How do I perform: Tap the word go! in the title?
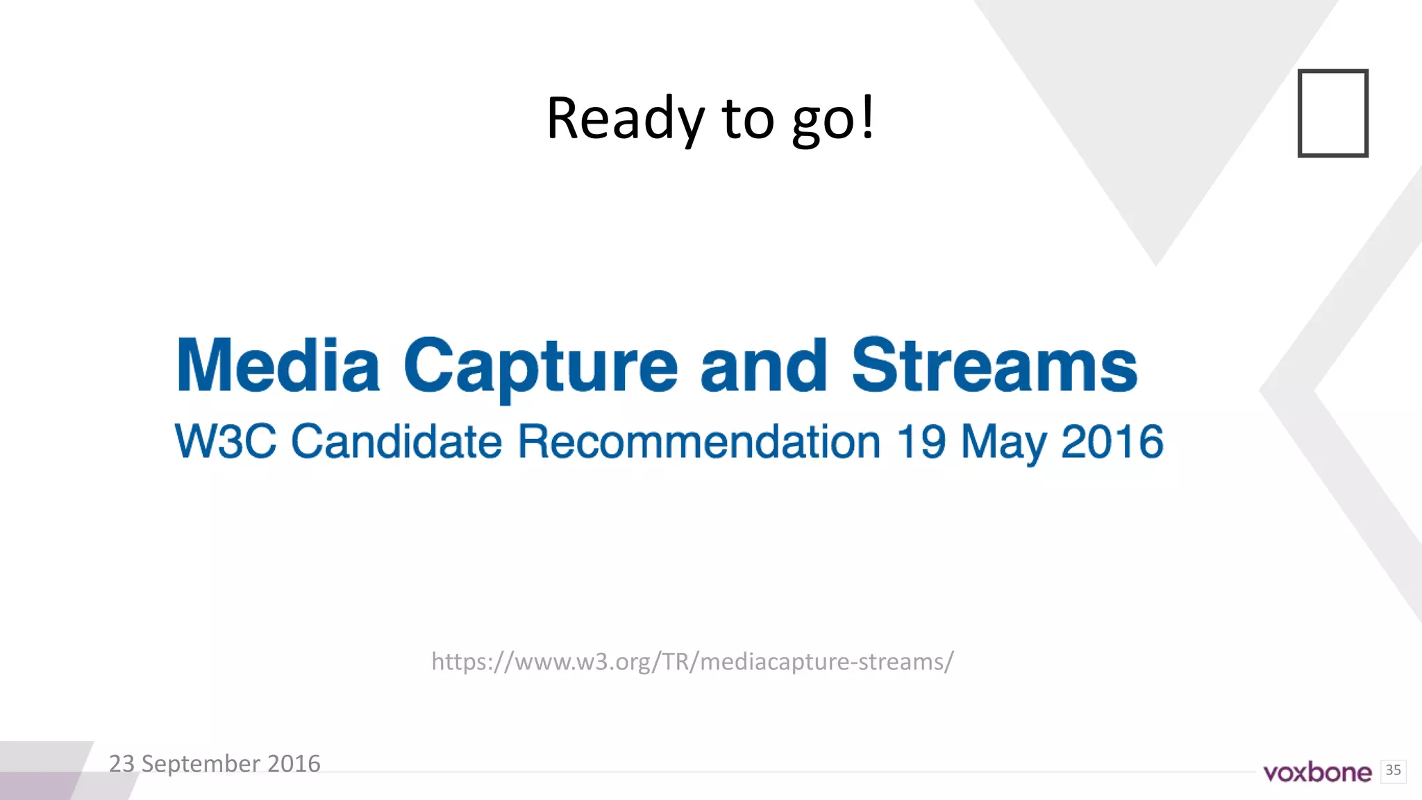point(833,120)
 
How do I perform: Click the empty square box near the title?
point(1332,113)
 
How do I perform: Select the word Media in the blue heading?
point(278,365)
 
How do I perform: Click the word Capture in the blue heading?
point(540,367)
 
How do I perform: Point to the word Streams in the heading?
point(994,365)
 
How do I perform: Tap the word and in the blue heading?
point(763,365)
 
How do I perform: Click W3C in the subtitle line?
point(226,442)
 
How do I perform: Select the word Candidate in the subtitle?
point(396,442)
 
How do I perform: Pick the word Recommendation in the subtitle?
point(699,442)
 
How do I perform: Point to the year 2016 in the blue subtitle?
point(1112,442)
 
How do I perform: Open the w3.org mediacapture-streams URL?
point(692,662)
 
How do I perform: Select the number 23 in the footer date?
point(122,764)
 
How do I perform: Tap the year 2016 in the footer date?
point(294,764)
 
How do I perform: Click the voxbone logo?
point(1317,772)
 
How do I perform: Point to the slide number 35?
point(1393,770)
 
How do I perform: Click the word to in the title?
point(748,119)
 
